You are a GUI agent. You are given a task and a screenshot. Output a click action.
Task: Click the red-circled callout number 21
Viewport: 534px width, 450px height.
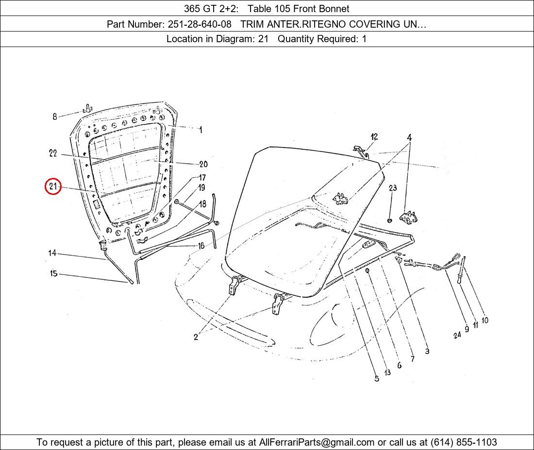[x=53, y=186]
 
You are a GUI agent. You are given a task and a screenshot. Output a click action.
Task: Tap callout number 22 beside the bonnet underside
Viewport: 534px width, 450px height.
[x=53, y=153]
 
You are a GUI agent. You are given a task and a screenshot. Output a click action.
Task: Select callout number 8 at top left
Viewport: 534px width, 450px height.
[x=54, y=117]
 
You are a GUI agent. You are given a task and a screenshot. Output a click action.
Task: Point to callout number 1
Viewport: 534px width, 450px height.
[x=200, y=129]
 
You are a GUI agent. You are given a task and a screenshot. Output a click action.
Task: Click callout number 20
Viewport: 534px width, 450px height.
[x=203, y=164]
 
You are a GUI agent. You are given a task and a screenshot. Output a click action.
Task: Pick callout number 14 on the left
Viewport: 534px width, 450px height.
[x=52, y=253]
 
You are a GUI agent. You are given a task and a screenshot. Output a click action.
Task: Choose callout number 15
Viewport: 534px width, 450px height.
[x=53, y=273]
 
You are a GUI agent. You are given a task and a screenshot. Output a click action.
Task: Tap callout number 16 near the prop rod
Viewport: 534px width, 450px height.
[x=201, y=245]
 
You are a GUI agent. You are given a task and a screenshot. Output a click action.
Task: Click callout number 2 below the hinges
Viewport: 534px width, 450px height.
[x=196, y=337]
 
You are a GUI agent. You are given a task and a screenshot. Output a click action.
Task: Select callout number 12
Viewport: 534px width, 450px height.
[x=374, y=137]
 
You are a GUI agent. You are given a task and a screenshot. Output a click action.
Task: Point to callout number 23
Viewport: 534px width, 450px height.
[x=393, y=188]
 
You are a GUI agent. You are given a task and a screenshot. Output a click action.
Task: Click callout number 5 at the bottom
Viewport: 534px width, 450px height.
[x=377, y=378]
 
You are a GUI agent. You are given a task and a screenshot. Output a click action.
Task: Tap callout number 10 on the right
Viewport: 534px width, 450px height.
[x=484, y=320]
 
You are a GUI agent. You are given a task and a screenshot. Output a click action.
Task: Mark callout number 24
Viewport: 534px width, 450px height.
[x=457, y=335]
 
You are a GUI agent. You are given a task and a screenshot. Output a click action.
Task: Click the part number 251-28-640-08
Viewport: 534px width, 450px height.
[x=200, y=24]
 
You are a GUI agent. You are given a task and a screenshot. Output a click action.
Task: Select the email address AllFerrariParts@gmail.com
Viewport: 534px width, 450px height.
[x=317, y=442]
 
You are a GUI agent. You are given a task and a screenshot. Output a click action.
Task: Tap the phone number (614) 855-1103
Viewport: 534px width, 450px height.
[x=464, y=442]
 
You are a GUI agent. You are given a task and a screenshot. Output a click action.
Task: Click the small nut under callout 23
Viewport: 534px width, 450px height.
[x=390, y=221]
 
